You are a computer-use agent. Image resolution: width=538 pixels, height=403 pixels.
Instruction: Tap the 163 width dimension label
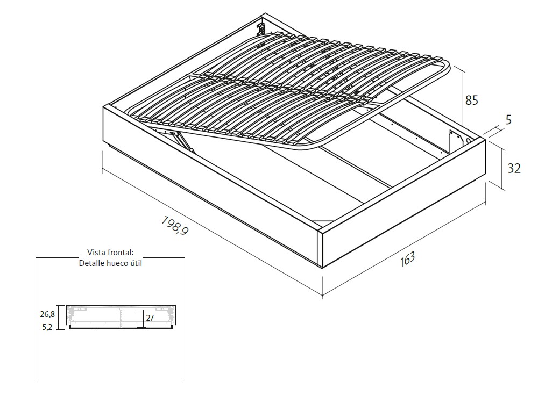click(408, 259)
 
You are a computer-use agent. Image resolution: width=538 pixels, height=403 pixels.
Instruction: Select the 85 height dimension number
click(472, 100)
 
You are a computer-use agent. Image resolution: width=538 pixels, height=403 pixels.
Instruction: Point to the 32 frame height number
click(514, 168)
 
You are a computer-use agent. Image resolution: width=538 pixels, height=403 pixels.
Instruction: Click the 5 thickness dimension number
click(508, 120)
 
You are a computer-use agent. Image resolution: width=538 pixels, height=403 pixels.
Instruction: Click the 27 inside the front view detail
click(150, 318)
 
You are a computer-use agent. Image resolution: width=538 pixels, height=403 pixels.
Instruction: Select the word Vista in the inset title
click(97, 253)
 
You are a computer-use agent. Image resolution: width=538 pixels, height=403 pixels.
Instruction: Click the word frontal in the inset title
click(121, 253)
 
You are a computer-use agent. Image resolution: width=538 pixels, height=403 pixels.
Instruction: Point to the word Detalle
click(93, 263)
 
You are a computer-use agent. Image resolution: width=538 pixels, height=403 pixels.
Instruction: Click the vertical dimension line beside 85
click(462, 97)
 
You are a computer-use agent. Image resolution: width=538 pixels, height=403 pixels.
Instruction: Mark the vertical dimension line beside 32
click(504, 168)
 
